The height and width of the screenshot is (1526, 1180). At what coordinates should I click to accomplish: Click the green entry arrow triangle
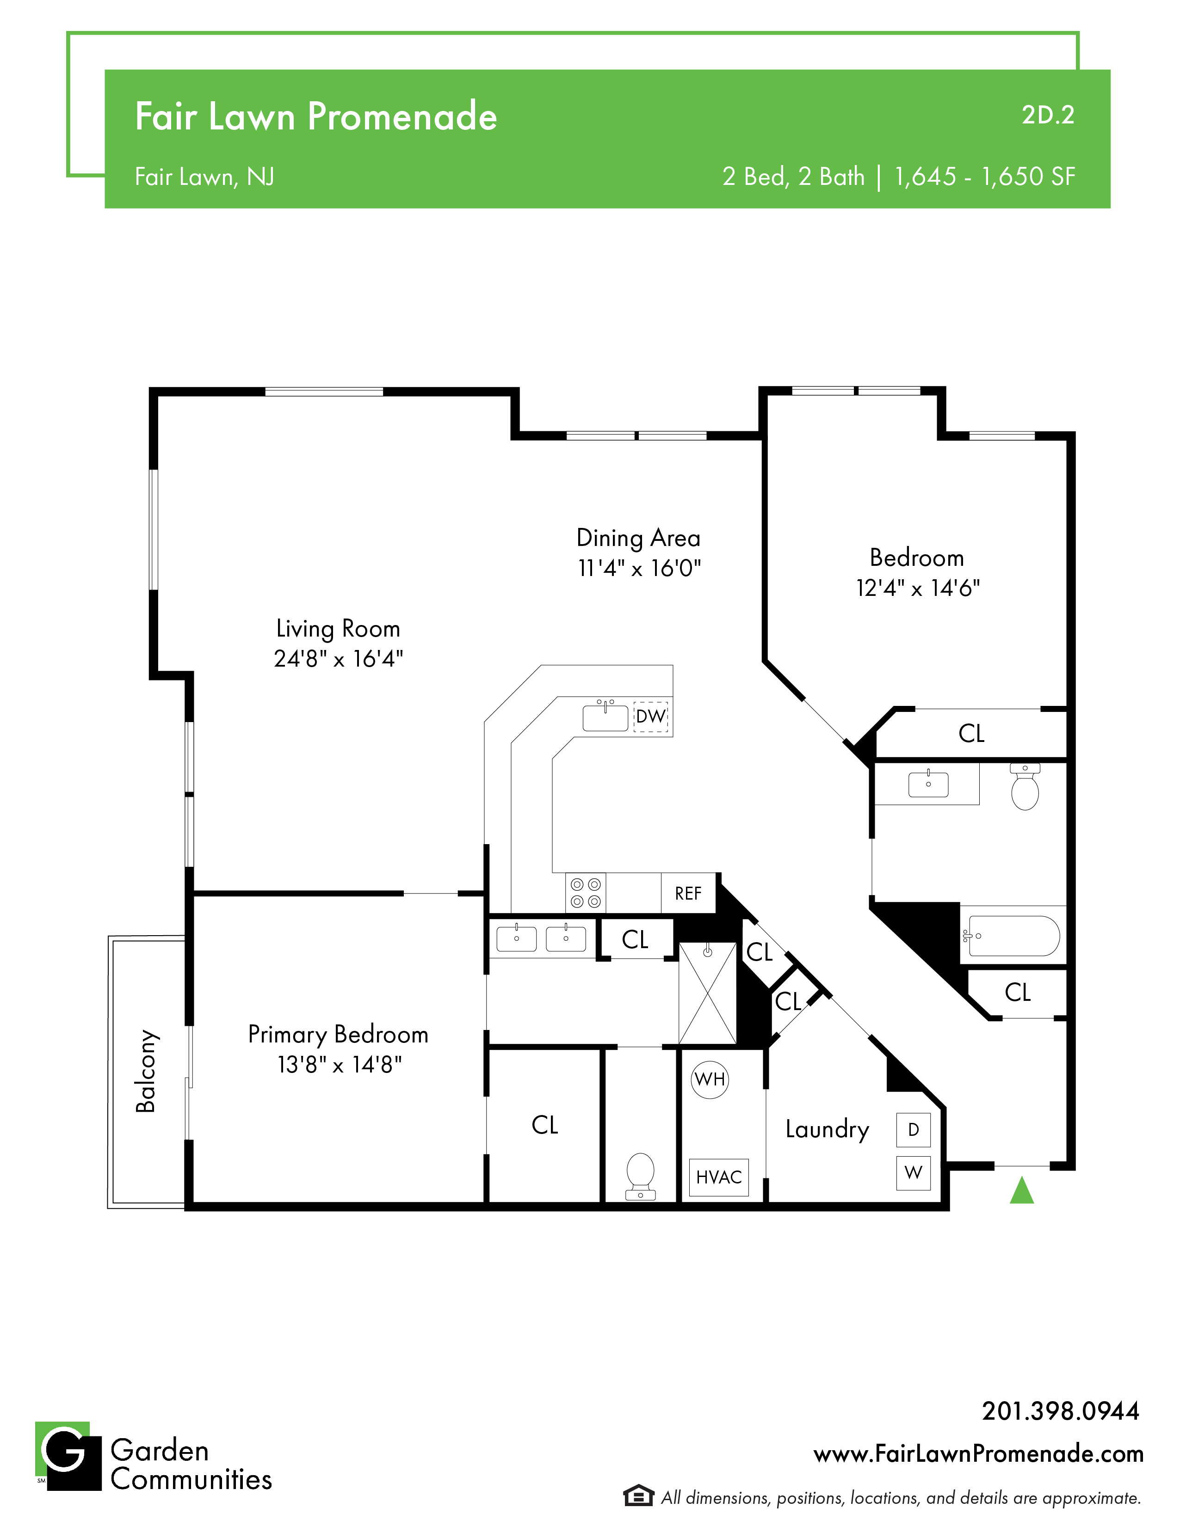1021,1191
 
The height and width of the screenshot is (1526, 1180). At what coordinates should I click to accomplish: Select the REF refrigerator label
688,894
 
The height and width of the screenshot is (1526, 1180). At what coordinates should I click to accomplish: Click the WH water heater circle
710,1079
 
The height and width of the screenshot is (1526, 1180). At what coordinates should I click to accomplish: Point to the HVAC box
719,1177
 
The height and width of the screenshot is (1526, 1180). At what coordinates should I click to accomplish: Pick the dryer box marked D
913,1130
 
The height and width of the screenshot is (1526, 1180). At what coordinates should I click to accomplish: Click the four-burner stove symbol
585,893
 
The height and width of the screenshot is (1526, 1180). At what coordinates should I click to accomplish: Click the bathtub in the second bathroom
1012,936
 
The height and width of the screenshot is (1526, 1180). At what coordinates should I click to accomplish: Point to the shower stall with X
707,993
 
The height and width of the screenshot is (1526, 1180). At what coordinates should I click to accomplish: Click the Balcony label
145,1071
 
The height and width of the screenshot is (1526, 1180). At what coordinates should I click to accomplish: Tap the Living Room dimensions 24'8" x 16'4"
338,659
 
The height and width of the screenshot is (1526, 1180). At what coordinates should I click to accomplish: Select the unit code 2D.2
1048,115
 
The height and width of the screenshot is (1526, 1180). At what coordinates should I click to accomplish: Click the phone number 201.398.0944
1061,1411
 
